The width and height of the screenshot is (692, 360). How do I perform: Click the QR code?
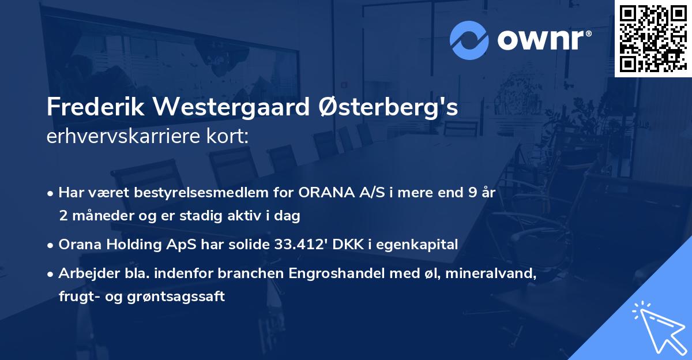point(653,38)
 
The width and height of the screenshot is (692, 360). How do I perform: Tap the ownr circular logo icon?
point(470,40)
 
